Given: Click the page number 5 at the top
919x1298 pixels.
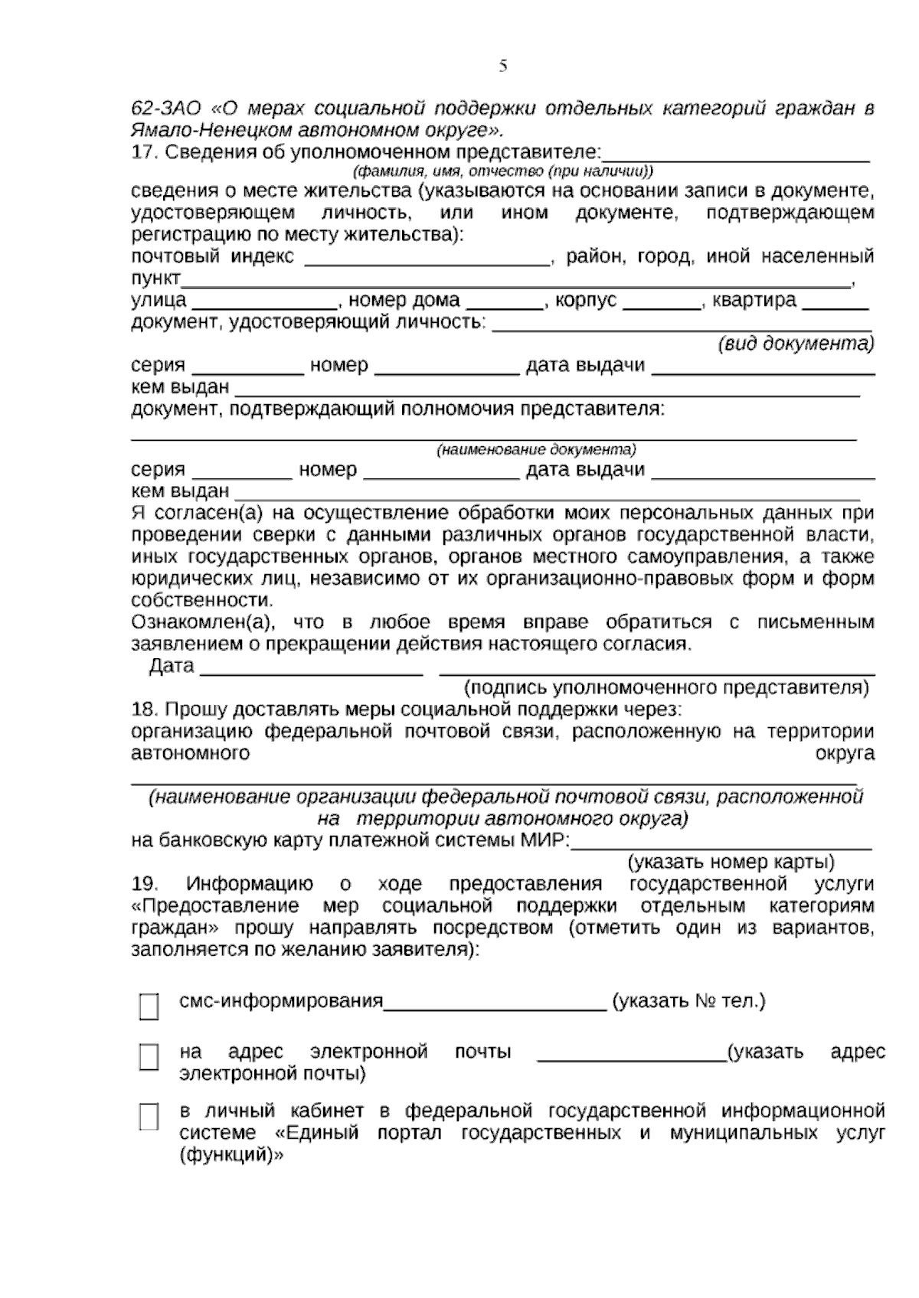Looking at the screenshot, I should pos(503,66).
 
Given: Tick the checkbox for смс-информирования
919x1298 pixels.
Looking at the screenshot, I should pos(149,1006).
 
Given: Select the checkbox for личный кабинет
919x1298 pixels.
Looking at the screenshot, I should pos(149,1117).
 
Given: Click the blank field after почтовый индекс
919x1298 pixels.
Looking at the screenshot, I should pos(427,259).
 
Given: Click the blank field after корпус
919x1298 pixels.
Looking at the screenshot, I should pos(662,302).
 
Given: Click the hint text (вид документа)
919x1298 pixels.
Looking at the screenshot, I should pos(796,344).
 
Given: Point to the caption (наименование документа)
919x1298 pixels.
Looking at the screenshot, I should pos(536,449).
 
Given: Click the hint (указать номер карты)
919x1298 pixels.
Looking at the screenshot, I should pos(731,863).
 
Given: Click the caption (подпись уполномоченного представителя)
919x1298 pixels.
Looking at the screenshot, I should pos(666,687).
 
